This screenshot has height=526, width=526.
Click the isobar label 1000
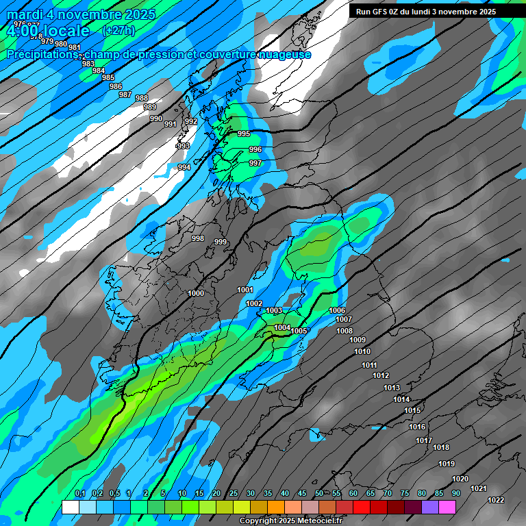(x=196, y=293)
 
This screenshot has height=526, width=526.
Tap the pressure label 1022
(x=496, y=500)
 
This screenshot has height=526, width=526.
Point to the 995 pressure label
(x=244, y=134)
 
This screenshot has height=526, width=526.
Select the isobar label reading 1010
(x=362, y=351)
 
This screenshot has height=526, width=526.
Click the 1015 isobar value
(x=412, y=410)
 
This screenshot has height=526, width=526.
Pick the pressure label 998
(x=198, y=238)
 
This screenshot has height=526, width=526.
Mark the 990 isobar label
(x=156, y=118)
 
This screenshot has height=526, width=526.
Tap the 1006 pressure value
(x=337, y=310)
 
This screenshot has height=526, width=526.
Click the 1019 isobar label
(x=447, y=464)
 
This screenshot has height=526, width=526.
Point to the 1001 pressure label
(x=245, y=290)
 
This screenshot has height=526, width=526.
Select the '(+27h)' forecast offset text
(x=118, y=31)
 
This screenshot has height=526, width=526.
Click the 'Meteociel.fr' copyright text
(x=316, y=521)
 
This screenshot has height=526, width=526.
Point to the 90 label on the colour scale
(x=455, y=494)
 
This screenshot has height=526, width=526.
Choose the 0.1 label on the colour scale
(x=79, y=494)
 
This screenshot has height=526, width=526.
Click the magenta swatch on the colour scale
(x=447, y=507)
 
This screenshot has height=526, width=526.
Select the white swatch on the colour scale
(x=70, y=507)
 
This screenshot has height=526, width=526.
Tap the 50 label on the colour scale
(x=319, y=494)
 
